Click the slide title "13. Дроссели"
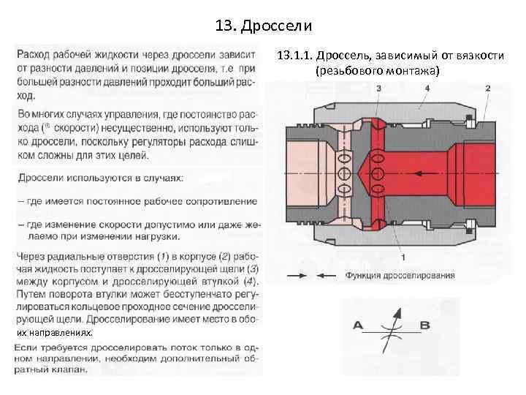(x=264, y=27)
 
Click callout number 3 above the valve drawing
(x=378, y=88)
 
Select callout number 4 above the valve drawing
(x=427, y=88)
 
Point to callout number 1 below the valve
(x=404, y=257)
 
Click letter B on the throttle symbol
(x=425, y=325)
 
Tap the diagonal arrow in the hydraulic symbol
(x=392, y=325)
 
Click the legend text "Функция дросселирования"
(x=400, y=276)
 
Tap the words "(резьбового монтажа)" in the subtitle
(x=378, y=71)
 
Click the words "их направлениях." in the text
(x=55, y=332)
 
